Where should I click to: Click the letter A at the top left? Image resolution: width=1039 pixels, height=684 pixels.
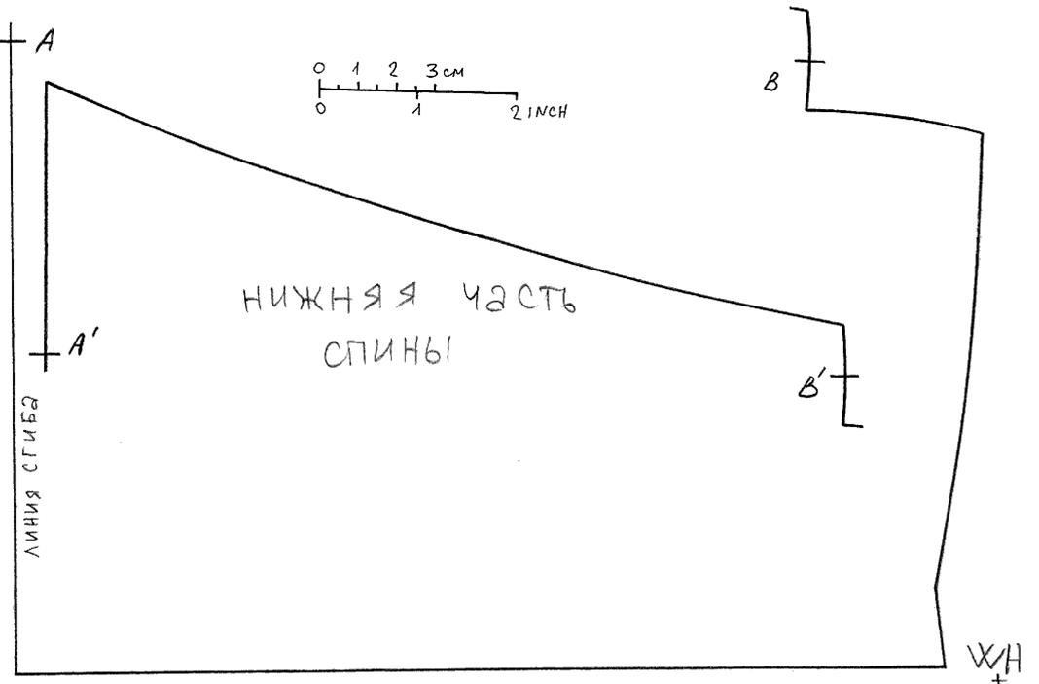click(x=43, y=43)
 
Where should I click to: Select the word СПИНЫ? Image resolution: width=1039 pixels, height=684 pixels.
click(x=388, y=354)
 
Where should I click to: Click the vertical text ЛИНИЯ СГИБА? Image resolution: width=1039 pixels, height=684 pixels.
click(x=33, y=477)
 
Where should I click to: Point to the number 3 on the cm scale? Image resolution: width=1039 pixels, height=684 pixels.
click(x=430, y=71)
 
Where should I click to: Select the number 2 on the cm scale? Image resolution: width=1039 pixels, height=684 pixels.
click(x=393, y=70)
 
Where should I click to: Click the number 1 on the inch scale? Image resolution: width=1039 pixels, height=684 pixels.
click(x=416, y=111)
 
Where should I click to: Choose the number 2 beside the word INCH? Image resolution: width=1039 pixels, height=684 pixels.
click(x=516, y=111)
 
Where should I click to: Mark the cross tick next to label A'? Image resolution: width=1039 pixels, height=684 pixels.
click(x=46, y=355)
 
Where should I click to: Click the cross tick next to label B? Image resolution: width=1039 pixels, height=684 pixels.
click(x=807, y=61)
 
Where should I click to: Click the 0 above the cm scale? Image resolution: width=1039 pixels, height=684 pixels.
click(x=318, y=69)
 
